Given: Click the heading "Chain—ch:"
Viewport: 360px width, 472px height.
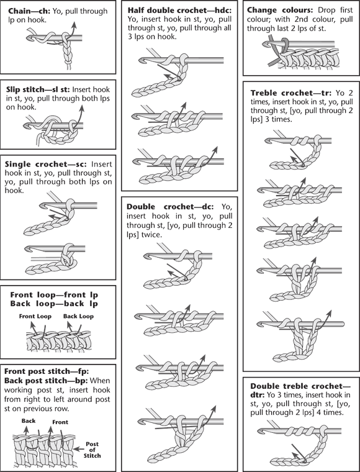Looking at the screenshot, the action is click(29, 11).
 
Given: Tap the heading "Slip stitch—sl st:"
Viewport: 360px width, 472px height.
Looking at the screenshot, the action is click(38, 89).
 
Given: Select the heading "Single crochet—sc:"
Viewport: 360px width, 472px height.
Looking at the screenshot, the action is click(46, 165).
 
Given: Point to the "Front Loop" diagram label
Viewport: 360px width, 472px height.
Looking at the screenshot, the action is click(35, 316).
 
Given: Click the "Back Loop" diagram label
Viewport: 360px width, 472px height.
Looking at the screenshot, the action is click(78, 316).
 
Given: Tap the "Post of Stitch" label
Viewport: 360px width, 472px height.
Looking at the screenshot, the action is click(92, 450).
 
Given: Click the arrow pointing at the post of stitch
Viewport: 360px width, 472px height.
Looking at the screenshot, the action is click(79, 449).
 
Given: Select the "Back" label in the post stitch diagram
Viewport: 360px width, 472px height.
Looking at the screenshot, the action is click(29, 421).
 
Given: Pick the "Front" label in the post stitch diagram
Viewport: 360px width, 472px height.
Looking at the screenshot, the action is click(60, 422).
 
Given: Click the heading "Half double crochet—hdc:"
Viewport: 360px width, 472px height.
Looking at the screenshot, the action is click(180, 11).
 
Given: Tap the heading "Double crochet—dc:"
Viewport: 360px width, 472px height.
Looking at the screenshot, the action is click(170, 207).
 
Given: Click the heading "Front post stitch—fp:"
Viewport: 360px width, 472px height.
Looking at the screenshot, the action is click(47, 371).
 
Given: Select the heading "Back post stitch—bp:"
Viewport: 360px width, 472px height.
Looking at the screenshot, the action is click(46, 381).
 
